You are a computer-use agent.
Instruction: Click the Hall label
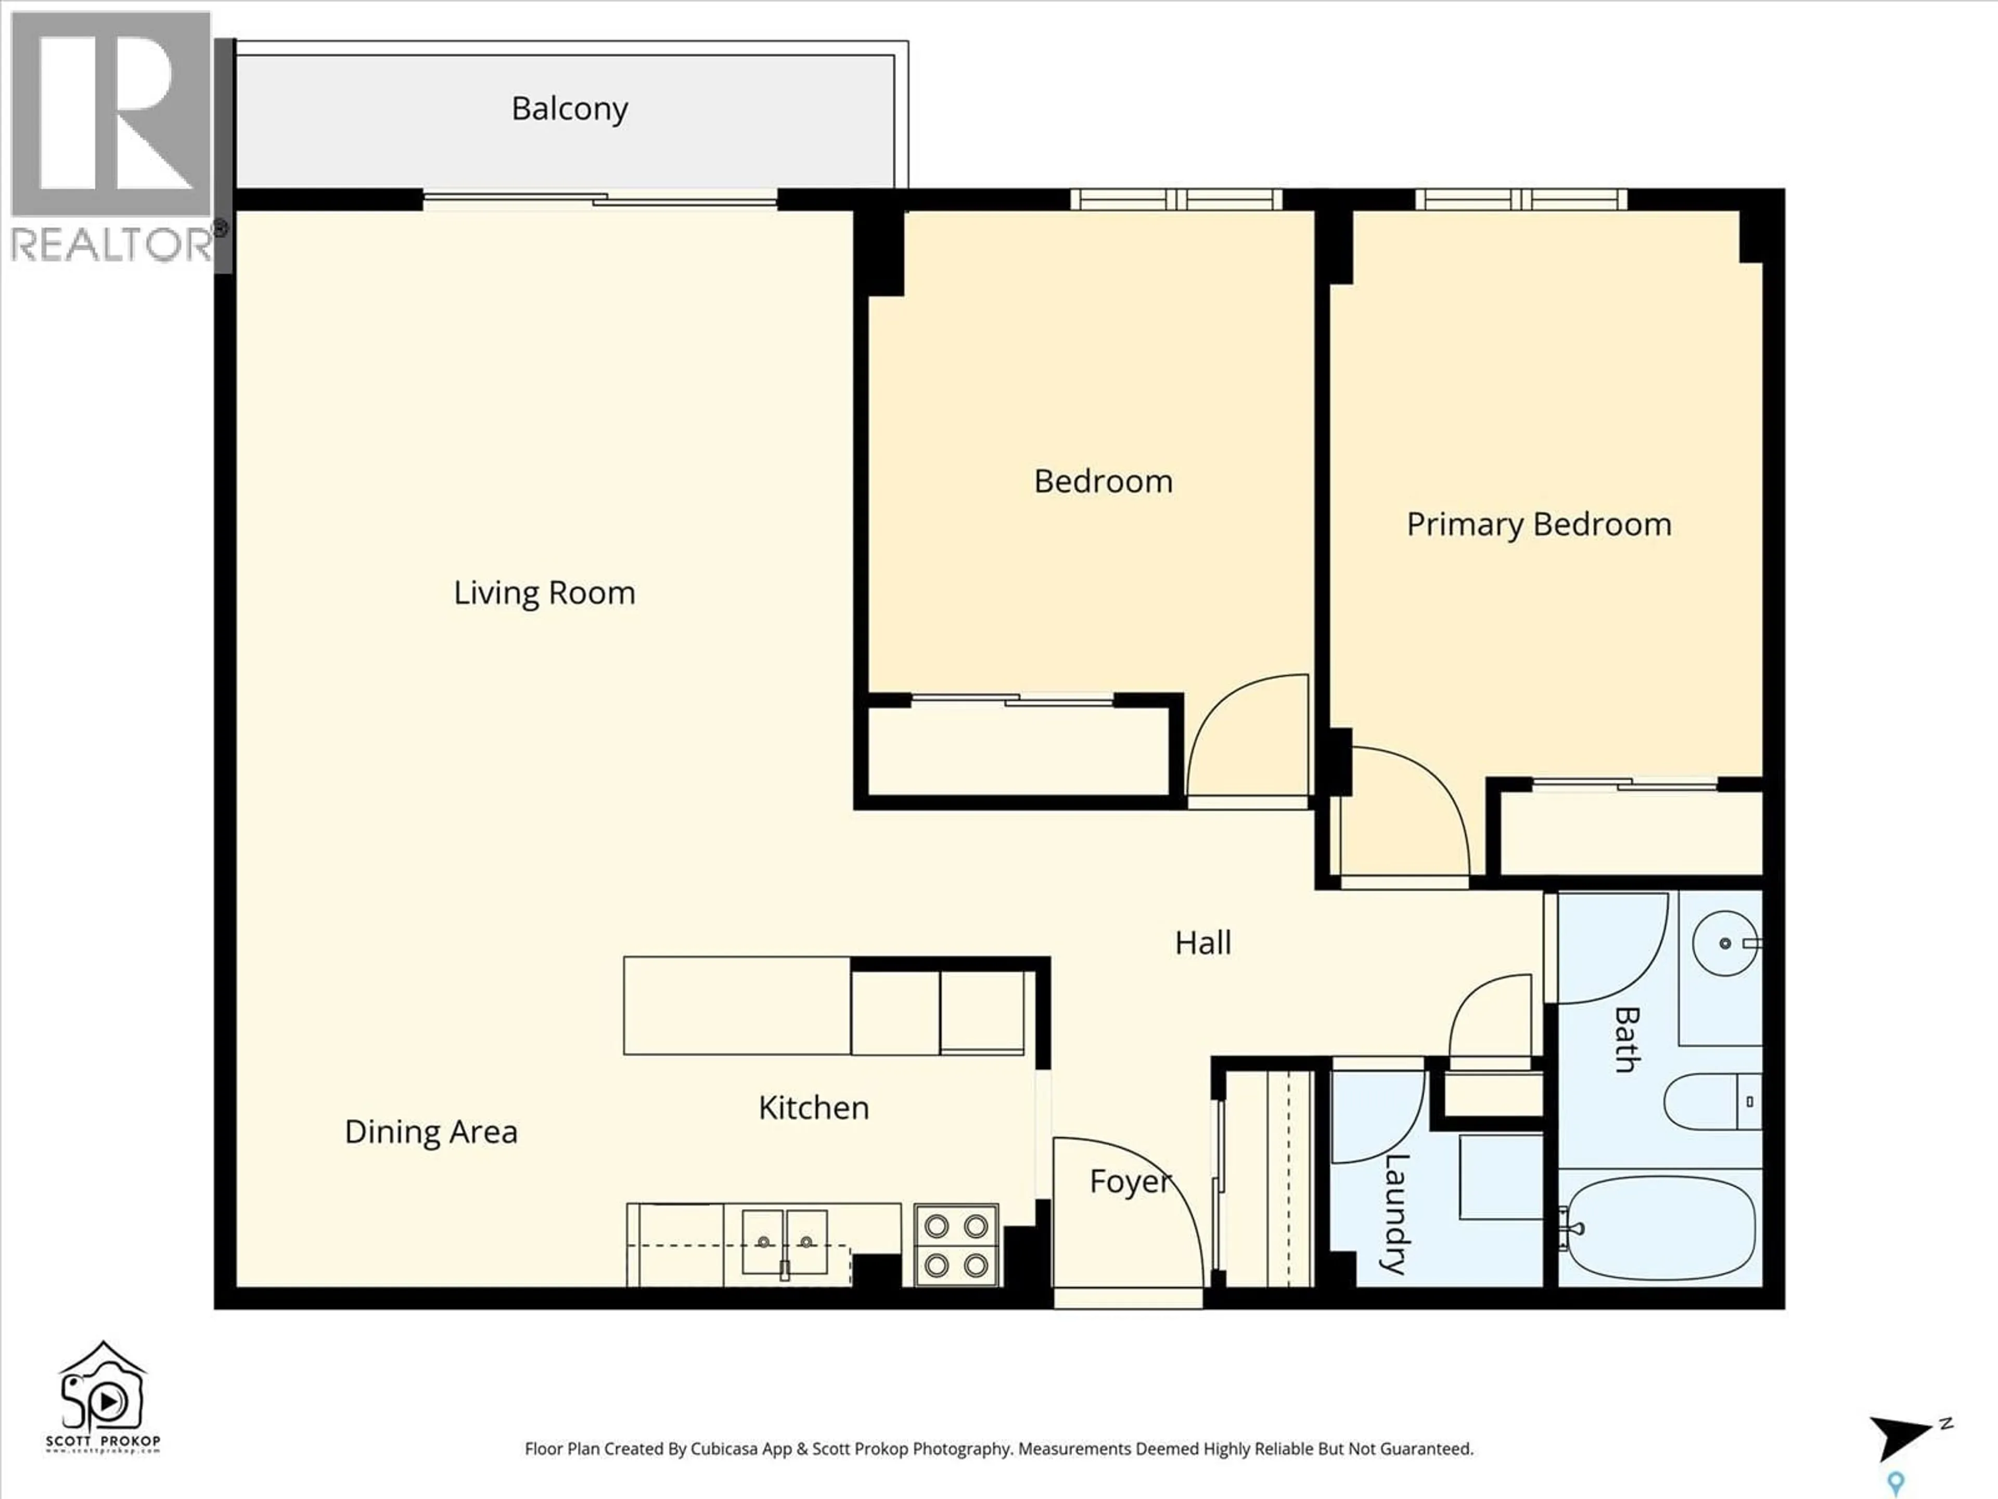coord(1202,943)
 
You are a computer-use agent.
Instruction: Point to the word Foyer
coord(1129,1181)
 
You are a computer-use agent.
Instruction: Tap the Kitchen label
coord(813,1108)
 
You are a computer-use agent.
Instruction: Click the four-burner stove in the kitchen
coord(956,1245)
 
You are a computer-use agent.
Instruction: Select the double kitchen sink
coord(784,1242)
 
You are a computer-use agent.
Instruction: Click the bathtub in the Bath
coord(1660,1227)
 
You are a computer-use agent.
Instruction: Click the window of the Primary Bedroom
coord(1520,200)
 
